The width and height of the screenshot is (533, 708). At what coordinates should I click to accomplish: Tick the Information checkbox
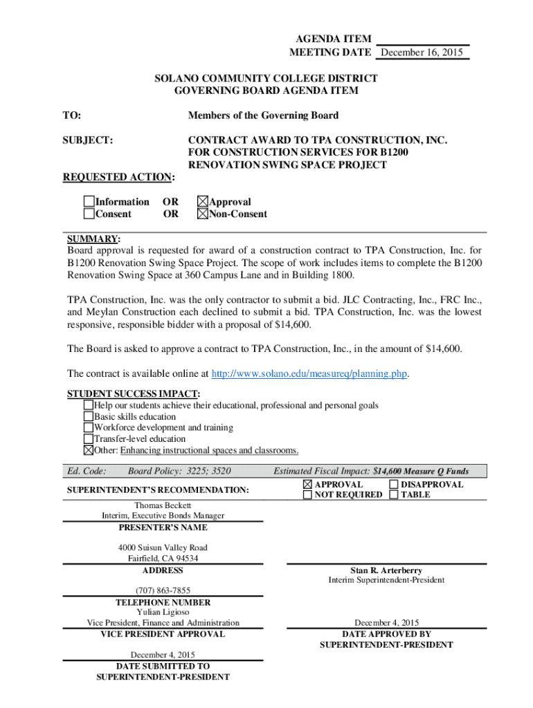tap(89, 202)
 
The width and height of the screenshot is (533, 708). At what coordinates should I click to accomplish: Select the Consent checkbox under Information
tap(89, 214)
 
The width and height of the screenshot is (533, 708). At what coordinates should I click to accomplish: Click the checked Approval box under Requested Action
tap(202, 202)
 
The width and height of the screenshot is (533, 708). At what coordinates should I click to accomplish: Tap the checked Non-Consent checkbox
tap(202, 214)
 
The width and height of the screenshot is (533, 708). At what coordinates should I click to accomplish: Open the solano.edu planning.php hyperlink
tap(309, 374)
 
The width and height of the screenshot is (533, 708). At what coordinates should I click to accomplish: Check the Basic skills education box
tap(88, 417)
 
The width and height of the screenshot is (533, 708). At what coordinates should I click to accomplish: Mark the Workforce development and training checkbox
tap(88, 428)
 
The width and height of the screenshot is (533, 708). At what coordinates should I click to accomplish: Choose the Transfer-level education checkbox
tap(88, 439)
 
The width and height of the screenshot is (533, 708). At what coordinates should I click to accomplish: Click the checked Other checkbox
tap(88, 450)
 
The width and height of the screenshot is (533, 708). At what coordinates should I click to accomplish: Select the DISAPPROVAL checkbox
tap(394, 485)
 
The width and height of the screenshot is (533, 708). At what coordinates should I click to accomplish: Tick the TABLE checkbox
tap(394, 495)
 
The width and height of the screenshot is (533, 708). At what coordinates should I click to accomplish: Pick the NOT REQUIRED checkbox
tap(307, 495)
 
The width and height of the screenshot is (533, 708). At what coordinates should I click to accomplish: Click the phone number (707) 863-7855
tap(163, 590)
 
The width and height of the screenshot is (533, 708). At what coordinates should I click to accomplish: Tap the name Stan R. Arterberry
tap(386, 570)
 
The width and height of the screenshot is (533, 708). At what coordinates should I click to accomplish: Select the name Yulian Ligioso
tap(163, 613)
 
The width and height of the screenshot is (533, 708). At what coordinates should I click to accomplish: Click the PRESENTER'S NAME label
tap(163, 528)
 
